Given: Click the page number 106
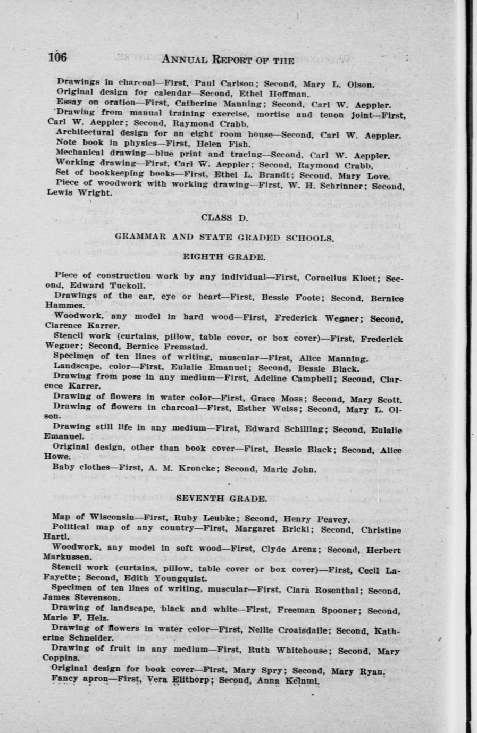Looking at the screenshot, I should click(x=57, y=57).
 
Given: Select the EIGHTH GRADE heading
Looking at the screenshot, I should click(x=223, y=257).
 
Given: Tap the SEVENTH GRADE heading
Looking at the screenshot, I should click(x=221, y=498).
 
